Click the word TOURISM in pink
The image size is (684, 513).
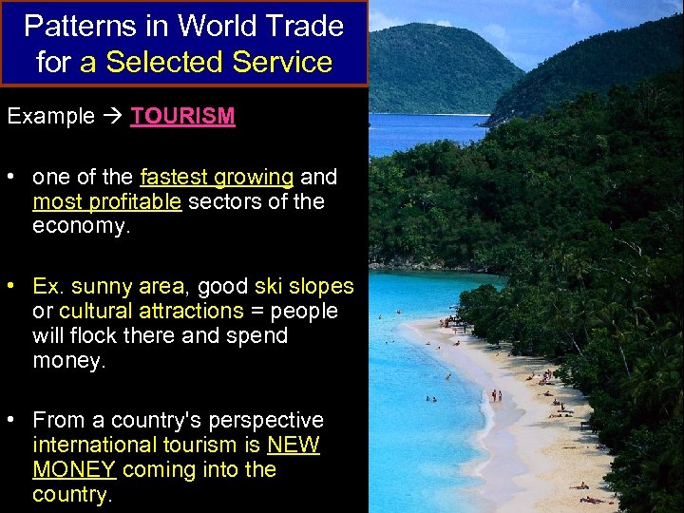pos(182,117)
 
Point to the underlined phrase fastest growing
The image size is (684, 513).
pos(217,177)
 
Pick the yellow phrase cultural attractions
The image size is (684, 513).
pos(151,311)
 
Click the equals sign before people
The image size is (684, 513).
pos(257,311)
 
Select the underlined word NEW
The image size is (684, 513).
pos(294,445)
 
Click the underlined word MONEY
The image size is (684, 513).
pos(74,469)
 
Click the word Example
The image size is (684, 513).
pos(51,117)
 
